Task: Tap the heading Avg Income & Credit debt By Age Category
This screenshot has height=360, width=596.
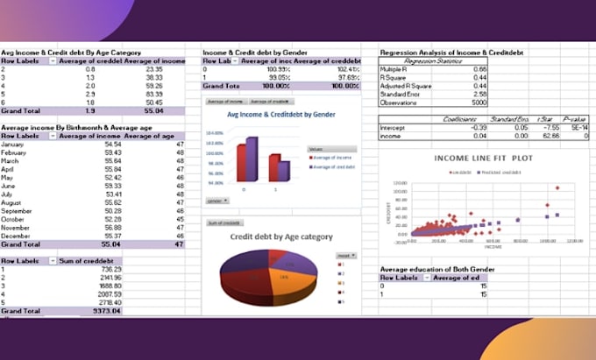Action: (70, 53)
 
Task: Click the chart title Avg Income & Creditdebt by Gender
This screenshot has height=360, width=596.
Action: (268, 115)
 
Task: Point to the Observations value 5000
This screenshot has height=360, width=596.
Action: (477, 102)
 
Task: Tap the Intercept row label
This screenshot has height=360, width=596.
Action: (393, 127)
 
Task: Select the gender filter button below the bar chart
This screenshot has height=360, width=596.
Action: (216, 201)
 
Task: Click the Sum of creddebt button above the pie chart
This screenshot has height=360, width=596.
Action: (224, 223)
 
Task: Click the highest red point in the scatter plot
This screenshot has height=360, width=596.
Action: (557, 187)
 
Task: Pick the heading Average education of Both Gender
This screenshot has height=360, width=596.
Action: (433, 268)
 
